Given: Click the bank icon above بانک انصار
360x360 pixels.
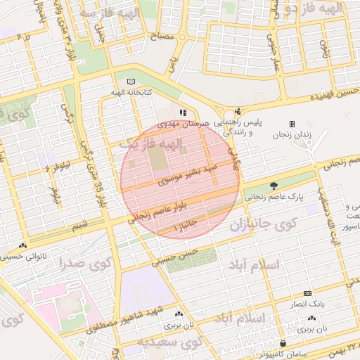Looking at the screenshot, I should pos(307,293).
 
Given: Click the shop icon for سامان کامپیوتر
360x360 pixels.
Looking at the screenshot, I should pos(283,344).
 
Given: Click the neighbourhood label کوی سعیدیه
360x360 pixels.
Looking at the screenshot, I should pos(169,342).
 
